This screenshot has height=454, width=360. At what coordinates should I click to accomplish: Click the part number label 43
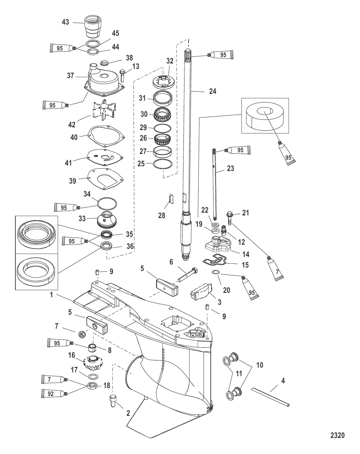pyautogui.click(x=65, y=22)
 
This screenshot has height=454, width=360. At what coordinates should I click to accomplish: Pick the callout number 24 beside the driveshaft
pyautogui.click(x=213, y=91)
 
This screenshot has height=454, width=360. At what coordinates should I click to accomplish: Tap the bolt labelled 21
pyautogui.click(x=230, y=217)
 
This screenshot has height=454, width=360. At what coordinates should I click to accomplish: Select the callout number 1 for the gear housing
pyautogui.click(x=52, y=296)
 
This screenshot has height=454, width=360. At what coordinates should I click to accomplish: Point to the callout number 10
pyautogui.click(x=260, y=365)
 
